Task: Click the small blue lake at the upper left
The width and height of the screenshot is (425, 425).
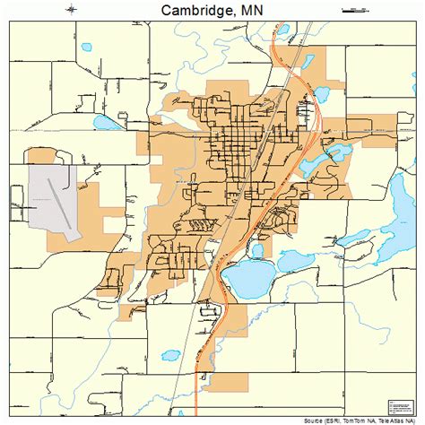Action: click(88, 47)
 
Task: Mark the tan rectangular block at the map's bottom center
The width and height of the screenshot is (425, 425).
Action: click(225, 383)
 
